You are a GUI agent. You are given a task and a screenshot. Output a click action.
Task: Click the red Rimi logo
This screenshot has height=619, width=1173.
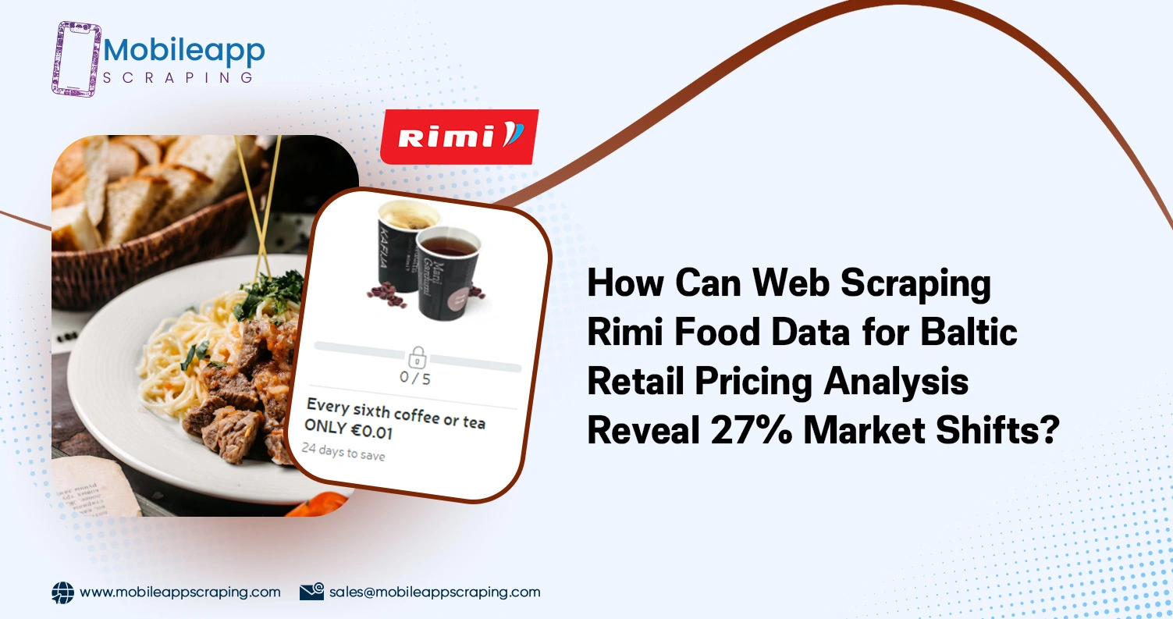(x=459, y=137)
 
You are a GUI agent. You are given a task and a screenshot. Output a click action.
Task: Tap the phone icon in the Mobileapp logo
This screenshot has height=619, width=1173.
(x=76, y=59)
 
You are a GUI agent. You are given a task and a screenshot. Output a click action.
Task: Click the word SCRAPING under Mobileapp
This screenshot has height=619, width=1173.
(x=178, y=77)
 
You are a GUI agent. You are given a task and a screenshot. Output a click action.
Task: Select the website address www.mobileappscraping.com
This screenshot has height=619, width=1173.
(x=180, y=592)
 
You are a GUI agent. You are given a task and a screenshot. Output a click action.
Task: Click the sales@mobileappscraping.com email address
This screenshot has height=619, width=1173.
(x=434, y=592)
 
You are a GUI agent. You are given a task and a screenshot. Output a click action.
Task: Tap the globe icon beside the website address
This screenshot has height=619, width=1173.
(x=62, y=592)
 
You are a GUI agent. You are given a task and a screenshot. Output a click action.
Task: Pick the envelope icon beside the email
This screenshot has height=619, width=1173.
(x=311, y=592)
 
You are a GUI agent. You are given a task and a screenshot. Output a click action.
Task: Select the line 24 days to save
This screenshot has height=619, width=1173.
(x=343, y=452)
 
